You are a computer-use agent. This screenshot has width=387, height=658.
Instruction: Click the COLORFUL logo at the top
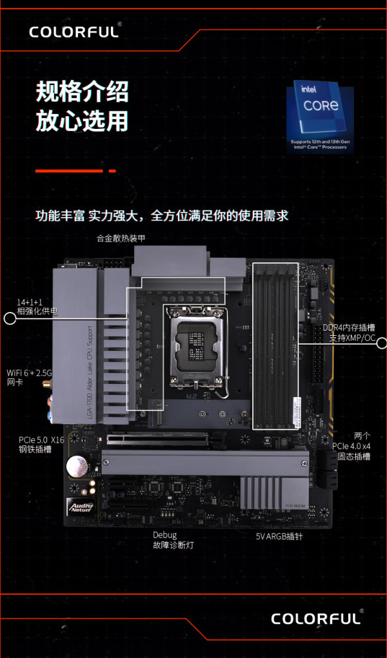pos(75,31)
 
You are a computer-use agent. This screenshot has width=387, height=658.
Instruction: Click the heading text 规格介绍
pos(82,92)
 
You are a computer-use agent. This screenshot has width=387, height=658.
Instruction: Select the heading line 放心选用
pos(82,121)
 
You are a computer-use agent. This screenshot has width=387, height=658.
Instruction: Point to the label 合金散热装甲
pos(121,238)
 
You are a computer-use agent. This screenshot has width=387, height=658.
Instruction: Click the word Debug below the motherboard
pos(164,535)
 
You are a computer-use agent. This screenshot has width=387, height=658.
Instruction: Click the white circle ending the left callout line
pos(10,318)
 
